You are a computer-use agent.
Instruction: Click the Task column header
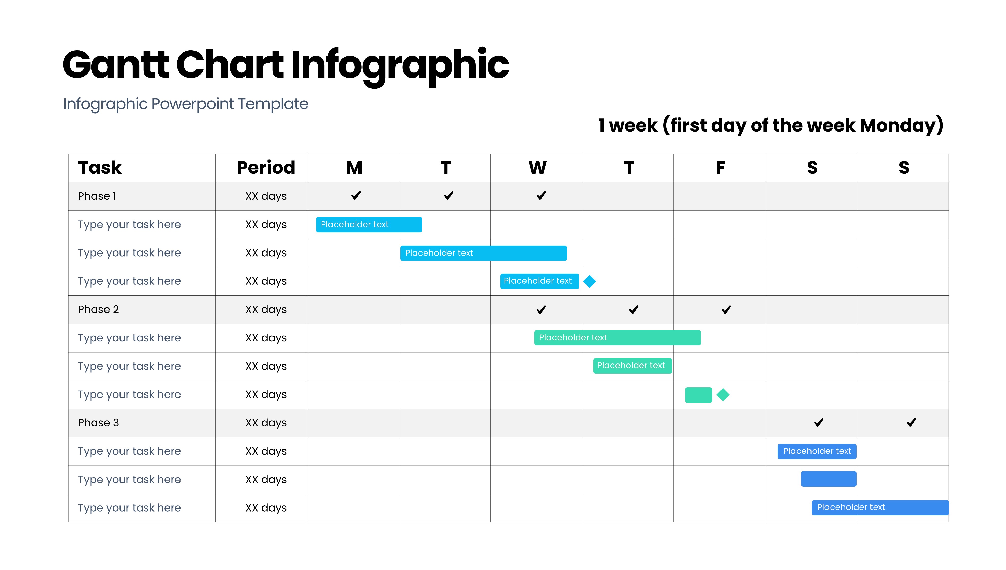[x=100, y=168]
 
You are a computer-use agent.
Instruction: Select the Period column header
[x=266, y=168]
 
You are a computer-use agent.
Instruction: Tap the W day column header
[x=537, y=168]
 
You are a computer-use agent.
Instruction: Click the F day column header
[x=720, y=168]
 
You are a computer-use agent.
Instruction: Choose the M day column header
[x=354, y=168]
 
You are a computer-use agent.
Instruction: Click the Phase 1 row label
[x=97, y=196]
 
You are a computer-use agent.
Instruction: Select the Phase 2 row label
[x=98, y=309]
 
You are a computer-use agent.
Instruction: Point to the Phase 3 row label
[x=98, y=423]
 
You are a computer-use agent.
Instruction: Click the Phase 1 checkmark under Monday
[x=356, y=195]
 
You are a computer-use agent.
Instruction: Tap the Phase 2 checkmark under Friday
[x=726, y=310]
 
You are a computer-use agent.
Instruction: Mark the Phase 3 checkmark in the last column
[x=911, y=422]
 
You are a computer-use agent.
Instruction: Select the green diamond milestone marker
[x=723, y=395]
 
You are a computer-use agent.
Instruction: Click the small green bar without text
[x=698, y=395]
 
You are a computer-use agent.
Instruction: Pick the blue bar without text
[x=829, y=479]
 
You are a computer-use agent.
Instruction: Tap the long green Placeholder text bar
[x=617, y=338]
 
